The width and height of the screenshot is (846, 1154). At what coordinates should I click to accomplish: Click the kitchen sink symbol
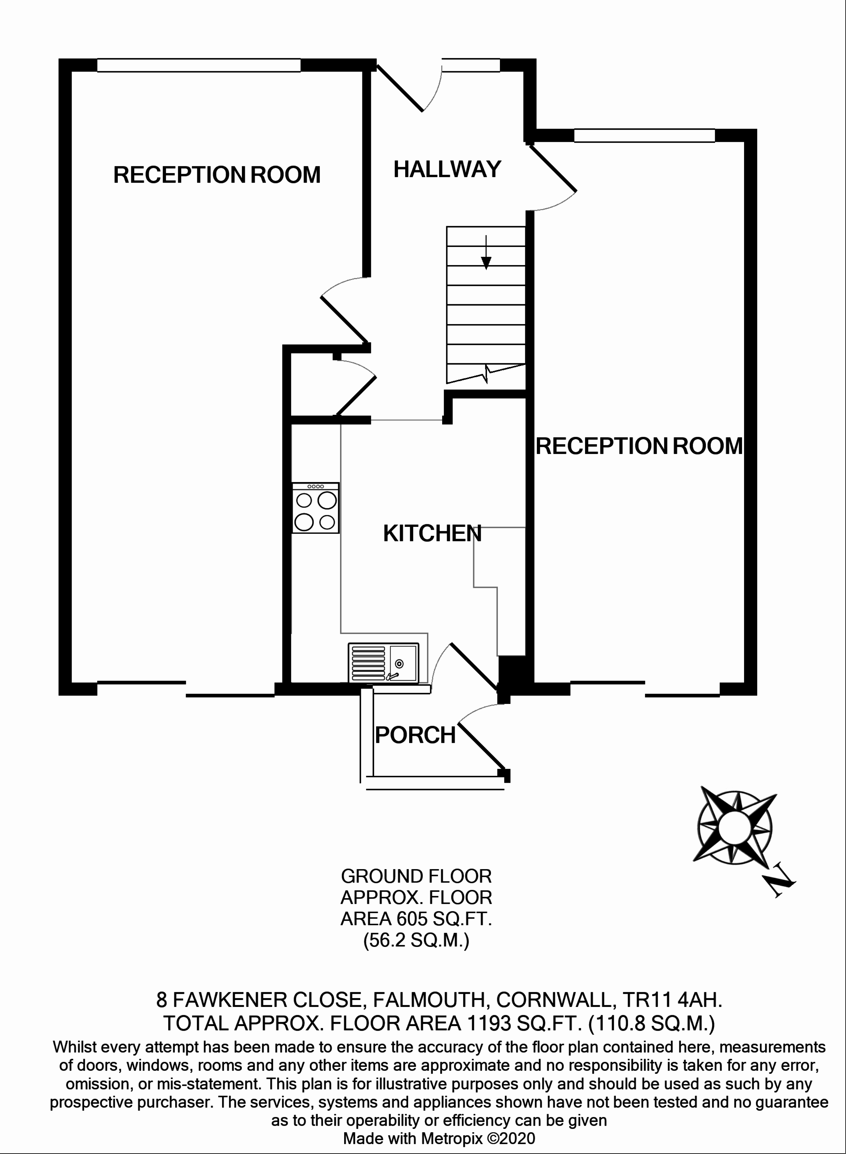coord(383,663)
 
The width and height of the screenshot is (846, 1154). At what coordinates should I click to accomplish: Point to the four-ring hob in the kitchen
coord(315,508)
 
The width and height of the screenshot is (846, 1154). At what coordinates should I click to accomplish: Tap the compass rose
coord(734,828)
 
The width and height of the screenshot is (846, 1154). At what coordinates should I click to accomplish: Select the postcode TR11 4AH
coord(672,999)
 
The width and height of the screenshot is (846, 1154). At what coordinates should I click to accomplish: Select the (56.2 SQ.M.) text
coord(416,941)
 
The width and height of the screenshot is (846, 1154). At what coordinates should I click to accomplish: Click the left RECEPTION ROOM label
coord(217,175)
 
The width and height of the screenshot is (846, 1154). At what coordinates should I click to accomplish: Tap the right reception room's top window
coord(644,136)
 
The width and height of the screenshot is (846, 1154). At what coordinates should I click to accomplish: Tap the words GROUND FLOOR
coord(416,877)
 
